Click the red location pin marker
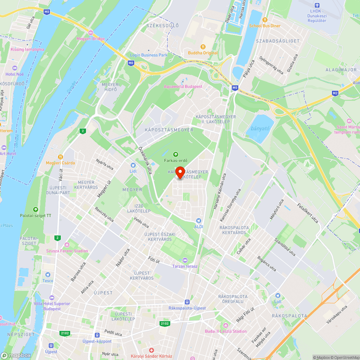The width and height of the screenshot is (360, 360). [x=180, y=172]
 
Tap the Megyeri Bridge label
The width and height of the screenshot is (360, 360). [x=90, y=39]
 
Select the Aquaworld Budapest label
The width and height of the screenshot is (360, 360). [x=183, y=86]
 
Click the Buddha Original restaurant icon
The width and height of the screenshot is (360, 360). [x=203, y=47]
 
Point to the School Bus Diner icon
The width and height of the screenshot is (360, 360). [x=265, y=20]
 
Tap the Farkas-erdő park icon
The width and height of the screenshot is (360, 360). [x=176, y=154]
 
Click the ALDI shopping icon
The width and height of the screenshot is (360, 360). [x=198, y=221]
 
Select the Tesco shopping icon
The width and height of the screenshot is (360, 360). [x=48, y=275]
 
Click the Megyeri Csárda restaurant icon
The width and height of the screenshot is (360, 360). [x=60, y=157]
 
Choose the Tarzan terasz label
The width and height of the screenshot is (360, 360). [x=185, y=266]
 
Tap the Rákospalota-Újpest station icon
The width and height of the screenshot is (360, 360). [x=187, y=302]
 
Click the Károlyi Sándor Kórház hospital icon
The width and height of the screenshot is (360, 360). [x=152, y=350]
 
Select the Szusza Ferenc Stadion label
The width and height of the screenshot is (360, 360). [x=67, y=251]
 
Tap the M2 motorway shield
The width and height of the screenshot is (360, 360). [x=335, y=94]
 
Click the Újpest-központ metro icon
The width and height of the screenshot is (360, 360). [x=96, y=335]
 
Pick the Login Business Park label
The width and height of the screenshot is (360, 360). [x=149, y=55]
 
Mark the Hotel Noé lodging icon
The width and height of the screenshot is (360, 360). [x=15, y=68]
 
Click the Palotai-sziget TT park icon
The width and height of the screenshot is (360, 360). [x=36, y=210]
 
